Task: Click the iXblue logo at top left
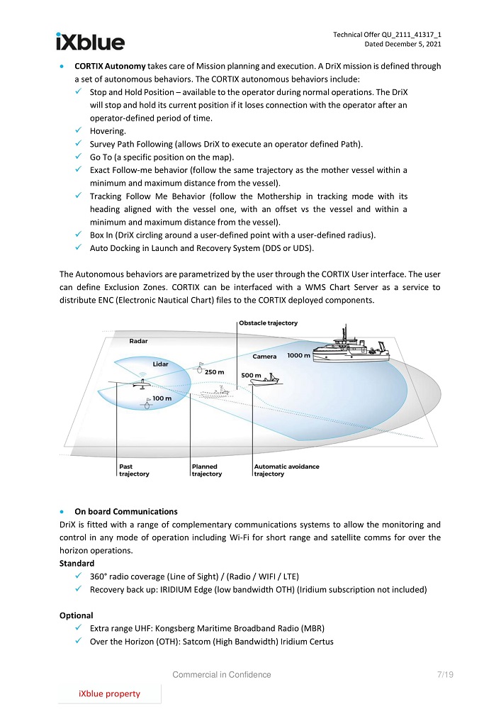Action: coord(90,42)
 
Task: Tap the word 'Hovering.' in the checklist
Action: coord(108,131)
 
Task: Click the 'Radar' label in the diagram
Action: coord(138,342)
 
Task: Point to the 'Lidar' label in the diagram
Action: coord(161,364)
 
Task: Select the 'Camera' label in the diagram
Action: coord(264,357)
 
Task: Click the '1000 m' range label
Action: coord(298,355)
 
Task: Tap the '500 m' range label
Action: coord(252,374)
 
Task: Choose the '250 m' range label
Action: coord(215,372)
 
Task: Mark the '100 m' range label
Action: coord(162,398)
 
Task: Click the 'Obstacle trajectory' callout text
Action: coord(268,323)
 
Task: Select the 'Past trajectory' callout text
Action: coord(133,470)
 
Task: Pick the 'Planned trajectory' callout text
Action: coord(207,470)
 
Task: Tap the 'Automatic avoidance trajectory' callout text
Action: coord(286,470)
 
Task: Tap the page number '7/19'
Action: coord(446,674)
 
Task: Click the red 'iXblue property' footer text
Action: coord(109,693)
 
